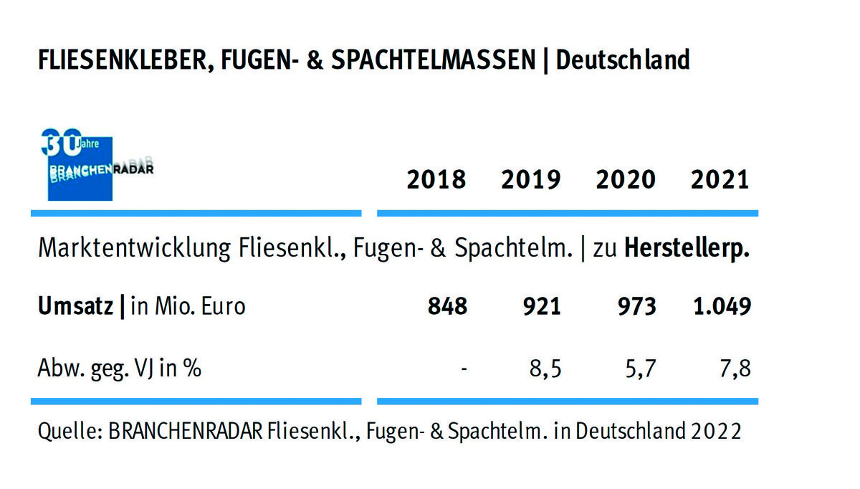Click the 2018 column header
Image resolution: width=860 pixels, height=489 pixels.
[x=436, y=179]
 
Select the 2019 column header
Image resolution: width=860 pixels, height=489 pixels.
[x=531, y=179]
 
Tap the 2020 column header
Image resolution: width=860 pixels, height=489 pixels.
[x=626, y=179]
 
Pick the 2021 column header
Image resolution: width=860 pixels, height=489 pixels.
[x=720, y=179]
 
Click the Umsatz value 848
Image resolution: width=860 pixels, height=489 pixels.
[x=447, y=307]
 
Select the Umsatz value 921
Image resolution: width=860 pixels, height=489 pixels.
[x=541, y=307]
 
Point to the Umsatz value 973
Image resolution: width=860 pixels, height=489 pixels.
[x=636, y=307]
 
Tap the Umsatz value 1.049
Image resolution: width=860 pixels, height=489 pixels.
[x=722, y=307]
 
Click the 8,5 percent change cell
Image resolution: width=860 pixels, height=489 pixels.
[x=545, y=369]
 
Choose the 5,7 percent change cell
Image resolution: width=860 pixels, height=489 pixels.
[x=640, y=369]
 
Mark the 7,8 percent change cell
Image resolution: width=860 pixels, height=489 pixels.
[x=735, y=369]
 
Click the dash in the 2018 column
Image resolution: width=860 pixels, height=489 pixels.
[x=464, y=370]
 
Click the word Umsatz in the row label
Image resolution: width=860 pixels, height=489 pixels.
[x=75, y=307]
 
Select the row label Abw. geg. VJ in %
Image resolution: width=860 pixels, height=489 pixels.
[x=119, y=369]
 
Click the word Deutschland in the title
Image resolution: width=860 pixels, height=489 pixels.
[x=623, y=60]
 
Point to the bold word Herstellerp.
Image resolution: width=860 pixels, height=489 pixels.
[x=687, y=249]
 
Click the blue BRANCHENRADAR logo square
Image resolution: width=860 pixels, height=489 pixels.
[x=80, y=168]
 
